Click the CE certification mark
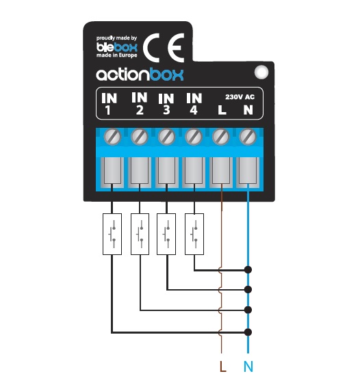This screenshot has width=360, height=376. pos(164,48)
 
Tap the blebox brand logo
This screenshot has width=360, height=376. pos(117,47)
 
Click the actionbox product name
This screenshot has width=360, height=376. pos(140,75)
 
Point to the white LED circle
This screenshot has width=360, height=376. pos(261,72)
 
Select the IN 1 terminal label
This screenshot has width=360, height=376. pos(110,104)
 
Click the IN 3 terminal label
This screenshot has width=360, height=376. pos(166,104)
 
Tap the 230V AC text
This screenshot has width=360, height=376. pos(240,97)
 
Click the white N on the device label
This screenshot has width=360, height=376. pos(248,110)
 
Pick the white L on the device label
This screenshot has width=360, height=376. pos(222,110)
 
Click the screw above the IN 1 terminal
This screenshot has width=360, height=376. pos(112,137)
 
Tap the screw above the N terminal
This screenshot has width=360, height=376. pos(248,137)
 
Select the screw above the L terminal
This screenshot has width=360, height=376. pos(221,137)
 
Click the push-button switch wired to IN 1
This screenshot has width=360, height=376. pos(112,234)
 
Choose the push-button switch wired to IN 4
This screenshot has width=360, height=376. pos(194,234)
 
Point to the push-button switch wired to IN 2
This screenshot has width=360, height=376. pos(140,234)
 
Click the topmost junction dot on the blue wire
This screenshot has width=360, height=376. pos(248,270)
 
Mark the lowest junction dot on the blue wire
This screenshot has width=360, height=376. pos(248,332)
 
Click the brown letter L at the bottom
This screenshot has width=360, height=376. pos(222,366)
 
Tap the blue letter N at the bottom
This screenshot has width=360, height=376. pos(248,366)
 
